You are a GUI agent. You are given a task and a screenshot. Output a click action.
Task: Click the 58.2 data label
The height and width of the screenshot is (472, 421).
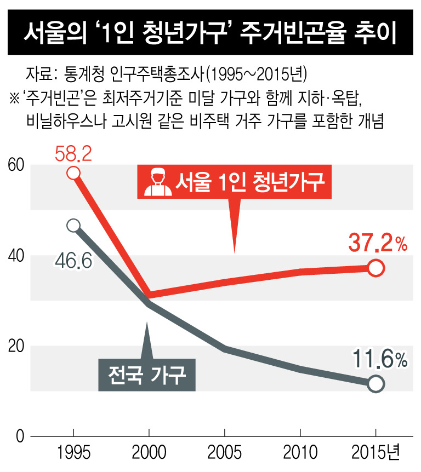pyautogui.click(x=73, y=154)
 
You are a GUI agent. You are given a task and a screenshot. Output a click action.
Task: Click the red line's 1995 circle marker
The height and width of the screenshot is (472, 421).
pyautogui.click(x=73, y=173)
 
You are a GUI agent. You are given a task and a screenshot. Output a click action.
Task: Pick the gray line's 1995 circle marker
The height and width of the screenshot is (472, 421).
pyautogui.click(x=73, y=226)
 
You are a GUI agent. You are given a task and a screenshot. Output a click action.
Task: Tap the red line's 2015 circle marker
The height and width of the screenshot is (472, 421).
pyautogui.click(x=376, y=268)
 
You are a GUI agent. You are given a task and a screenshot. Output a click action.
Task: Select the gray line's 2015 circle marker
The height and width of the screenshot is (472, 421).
pyautogui.click(x=376, y=384)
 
